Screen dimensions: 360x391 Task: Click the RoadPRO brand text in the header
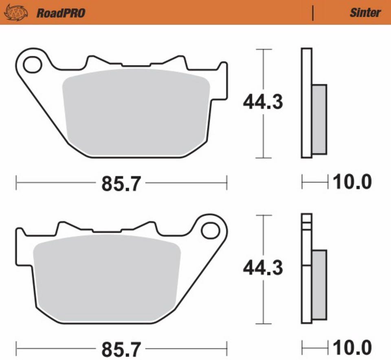(x=61, y=13)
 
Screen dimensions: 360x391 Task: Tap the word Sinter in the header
(x=365, y=13)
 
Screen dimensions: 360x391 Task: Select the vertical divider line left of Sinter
(x=312, y=13)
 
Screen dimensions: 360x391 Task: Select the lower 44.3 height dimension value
(x=263, y=268)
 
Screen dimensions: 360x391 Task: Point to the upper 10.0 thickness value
(x=352, y=182)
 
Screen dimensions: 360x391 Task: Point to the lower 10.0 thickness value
(x=352, y=348)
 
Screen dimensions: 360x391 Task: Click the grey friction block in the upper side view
(x=319, y=119)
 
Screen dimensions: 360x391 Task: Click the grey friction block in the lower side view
(x=319, y=284)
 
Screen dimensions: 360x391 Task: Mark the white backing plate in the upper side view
(x=306, y=103)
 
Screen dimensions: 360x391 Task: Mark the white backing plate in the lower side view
(x=306, y=285)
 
